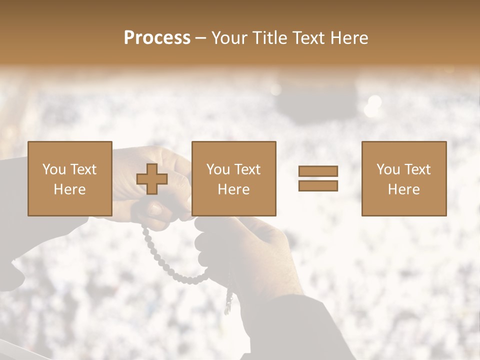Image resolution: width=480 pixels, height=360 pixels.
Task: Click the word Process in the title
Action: (x=157, y=38)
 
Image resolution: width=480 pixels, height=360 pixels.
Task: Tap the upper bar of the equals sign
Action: (x=318, y=171)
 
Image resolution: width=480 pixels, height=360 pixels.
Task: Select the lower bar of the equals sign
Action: (x=318, y=186)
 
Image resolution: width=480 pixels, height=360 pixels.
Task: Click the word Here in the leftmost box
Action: (x=69, y=189)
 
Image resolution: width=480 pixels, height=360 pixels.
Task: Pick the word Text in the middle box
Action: (x=247, y=169)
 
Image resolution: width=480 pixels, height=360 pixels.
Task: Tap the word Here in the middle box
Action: (x=233, y=189)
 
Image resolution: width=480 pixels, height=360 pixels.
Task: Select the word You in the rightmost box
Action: (x=388, y=169)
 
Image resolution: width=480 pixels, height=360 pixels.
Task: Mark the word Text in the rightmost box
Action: (x=417, y=169)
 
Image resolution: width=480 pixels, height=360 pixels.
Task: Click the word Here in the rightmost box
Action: (x=403, y=189)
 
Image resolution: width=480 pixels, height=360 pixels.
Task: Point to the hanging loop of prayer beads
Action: (x=170, y=265)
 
